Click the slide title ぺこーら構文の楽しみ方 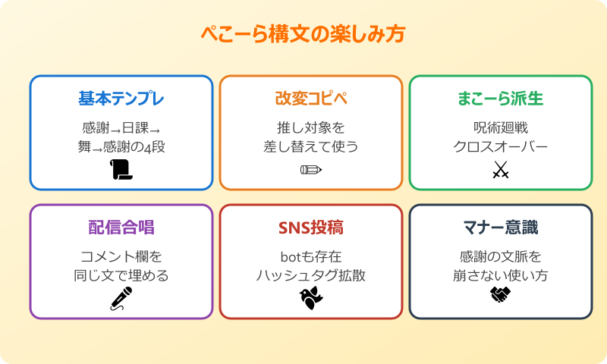coord(303,34)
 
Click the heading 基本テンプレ coord(121,99)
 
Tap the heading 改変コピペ coord(311,99)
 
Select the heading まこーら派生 coord(500,99)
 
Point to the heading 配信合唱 coord(121,228)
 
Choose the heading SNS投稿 coord(311,228)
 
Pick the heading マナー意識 coord(500,228)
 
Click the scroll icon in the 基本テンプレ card coord(121,170)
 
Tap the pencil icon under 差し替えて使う coord(310,170)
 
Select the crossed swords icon coord(500,170)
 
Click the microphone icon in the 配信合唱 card coord(121,298)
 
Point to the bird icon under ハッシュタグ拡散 coord(310,298)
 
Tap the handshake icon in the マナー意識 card coord(500,294)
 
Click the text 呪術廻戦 coord(500,127)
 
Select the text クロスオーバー coord(500,146)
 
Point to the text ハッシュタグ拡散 coord(311,275)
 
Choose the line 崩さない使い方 coord(500,275)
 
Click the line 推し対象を coord(311,127)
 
